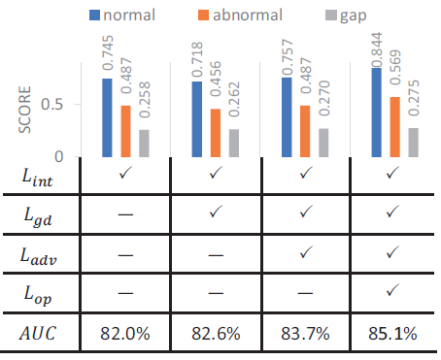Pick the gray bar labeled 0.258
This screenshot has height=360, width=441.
click(145, 143)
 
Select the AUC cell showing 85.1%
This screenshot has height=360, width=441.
click(393, 334)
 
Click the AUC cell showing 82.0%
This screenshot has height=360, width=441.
click(124, 334)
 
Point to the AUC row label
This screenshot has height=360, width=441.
click(39, 334)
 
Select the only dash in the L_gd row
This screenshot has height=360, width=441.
click(124, 214)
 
